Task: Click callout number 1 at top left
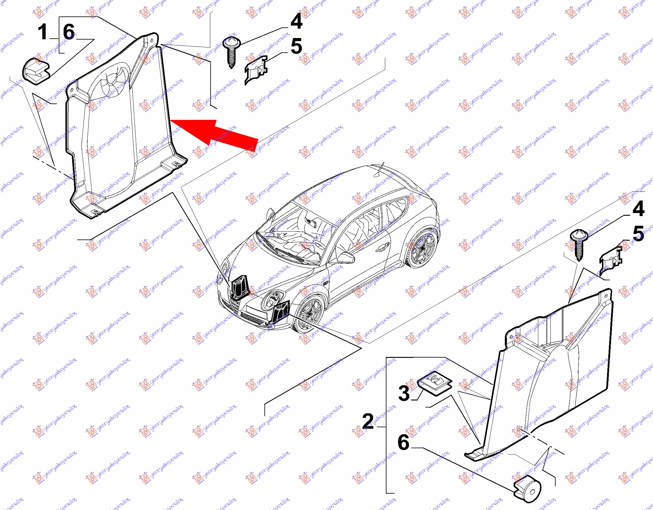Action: pos(43,32)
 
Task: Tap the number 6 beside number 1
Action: pos(69,32)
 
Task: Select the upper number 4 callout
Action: pos(297,21)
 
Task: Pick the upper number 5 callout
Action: pos(297,46)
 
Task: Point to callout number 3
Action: pos(404,393)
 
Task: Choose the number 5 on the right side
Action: pos(638,233)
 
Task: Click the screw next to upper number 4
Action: pos(232,52)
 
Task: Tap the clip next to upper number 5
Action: pos(256,70)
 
